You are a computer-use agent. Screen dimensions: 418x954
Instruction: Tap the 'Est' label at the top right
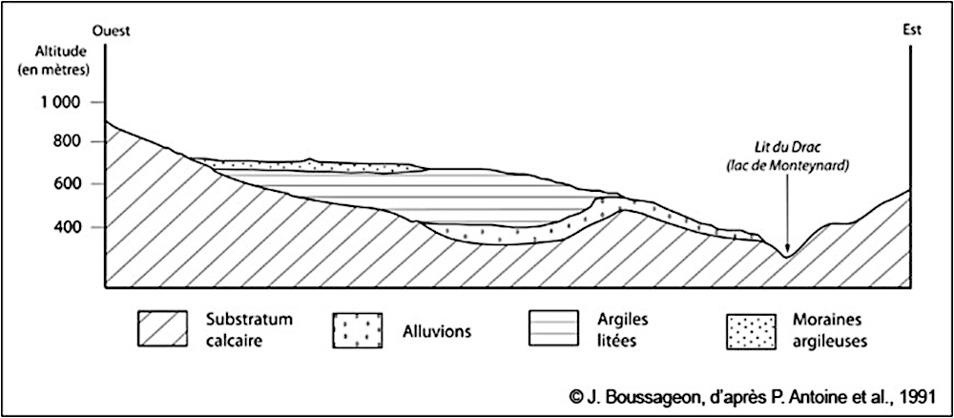point(911,30)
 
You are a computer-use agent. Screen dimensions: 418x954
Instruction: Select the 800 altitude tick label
point(73,142)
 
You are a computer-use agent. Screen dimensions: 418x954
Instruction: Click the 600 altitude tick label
point(73,184)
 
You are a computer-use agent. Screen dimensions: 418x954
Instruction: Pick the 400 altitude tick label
point(73,227)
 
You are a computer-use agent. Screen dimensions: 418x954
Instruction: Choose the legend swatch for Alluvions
point(359,330)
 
